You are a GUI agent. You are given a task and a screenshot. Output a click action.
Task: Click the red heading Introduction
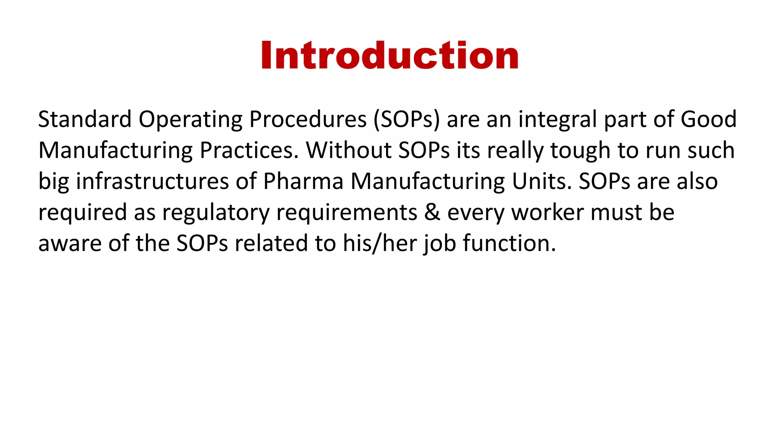(x=389, y=56)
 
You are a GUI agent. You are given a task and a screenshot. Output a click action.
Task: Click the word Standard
(x=85, y=119)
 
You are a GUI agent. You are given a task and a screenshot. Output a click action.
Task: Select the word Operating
(x=190, y=119)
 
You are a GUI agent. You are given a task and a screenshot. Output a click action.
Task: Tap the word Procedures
(x=308, y=119)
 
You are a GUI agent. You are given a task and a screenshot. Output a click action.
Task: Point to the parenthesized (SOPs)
(x=407, y=119)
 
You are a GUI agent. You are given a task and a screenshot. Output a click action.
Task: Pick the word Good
(x=708, y=119)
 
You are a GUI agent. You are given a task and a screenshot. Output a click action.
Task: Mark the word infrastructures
(x=153, y=181)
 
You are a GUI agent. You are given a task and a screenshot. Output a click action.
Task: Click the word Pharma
(x=303, y=181)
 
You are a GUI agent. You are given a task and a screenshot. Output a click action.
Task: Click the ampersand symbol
(x=432, y=212)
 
